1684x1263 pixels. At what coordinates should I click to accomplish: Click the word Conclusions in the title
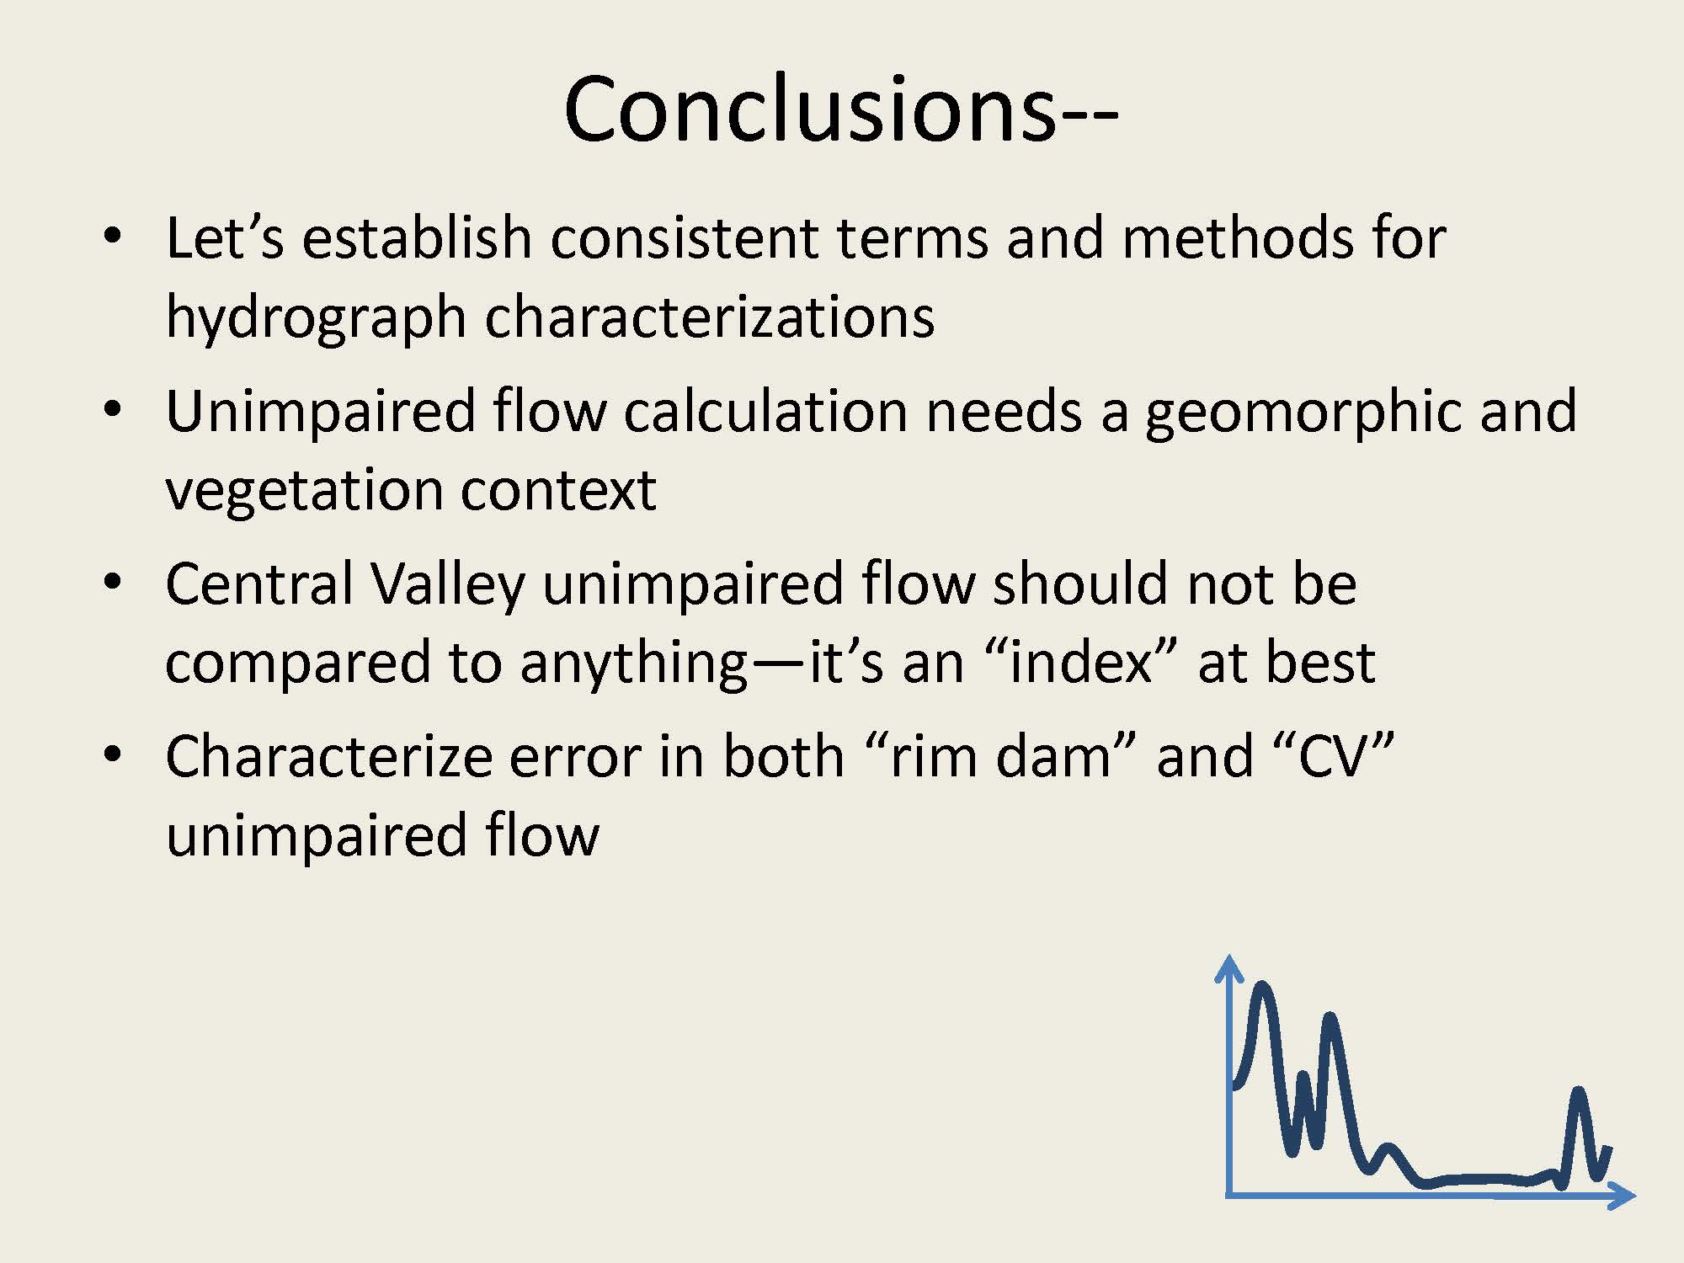[x=809, y=109]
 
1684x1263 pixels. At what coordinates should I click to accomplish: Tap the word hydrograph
[x=316, y=318]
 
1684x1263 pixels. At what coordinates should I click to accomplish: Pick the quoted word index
[x=1079, y=662]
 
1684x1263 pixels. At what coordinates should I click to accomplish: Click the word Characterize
[x=328, y=756]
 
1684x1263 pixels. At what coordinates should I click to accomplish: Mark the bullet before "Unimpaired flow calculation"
[x=112, y=409]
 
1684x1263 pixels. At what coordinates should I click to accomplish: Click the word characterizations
[x=709, y=318]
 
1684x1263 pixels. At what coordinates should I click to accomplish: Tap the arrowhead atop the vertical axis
[x=1229, y=967]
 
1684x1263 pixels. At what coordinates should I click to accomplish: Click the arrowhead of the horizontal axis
[x=1622, y=1195]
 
